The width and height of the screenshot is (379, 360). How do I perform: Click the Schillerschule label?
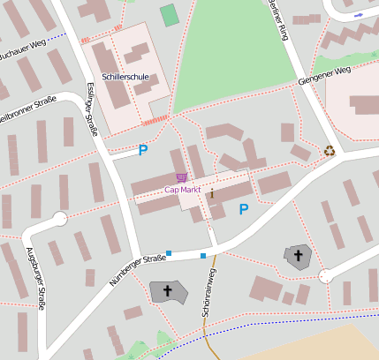(x=125, y=77)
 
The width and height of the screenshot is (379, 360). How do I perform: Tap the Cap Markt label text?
(x=183, y=189)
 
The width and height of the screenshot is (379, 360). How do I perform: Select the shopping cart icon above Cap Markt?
(x=181, y=177)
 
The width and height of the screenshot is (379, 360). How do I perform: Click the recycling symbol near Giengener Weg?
(x=330, y=151)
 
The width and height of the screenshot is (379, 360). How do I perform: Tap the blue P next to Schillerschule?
(x=142, y=150)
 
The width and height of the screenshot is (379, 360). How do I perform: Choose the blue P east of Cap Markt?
(x=244, y=208)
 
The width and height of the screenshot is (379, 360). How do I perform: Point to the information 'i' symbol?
(x=212, y=194)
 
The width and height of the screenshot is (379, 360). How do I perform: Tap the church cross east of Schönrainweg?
(x=299, y=257)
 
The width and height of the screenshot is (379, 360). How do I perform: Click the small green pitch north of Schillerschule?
(x=169, y=15)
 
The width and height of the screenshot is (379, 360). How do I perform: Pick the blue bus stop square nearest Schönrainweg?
(x=203, y=256)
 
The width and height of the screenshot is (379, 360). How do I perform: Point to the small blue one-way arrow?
(x=357, y=16)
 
